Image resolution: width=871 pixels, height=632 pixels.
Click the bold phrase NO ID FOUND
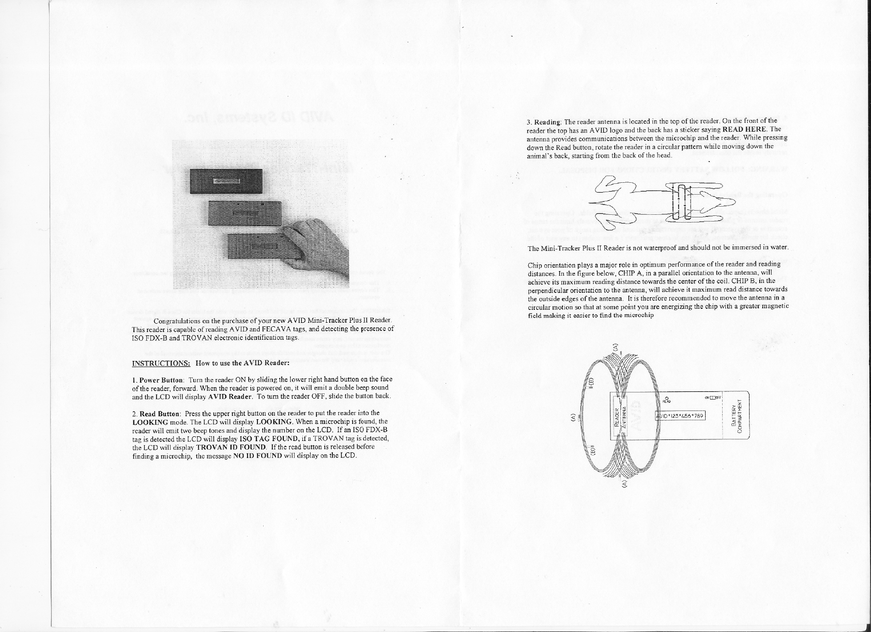[257, 456]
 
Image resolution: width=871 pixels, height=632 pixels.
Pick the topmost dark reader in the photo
[226, 181]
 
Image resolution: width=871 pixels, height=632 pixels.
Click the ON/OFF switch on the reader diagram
[714, 398]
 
